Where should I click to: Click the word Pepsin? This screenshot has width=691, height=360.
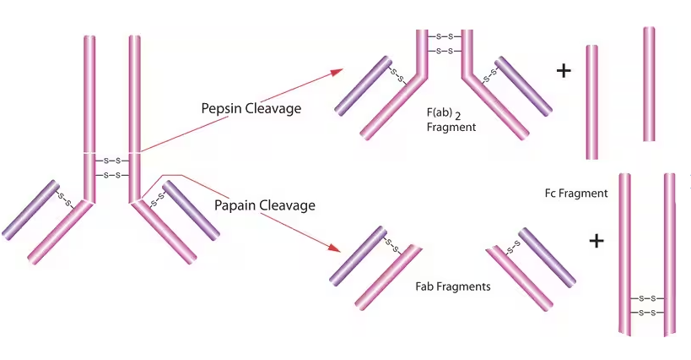pyautogui.click(x=221, y=109)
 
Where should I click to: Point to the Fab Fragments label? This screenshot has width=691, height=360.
pyautogui.click(x=453, y=286)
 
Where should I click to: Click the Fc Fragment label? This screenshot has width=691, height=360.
pyautogui.click(x=576, y=194)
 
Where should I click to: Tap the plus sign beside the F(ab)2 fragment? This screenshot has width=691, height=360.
pyautogui.click(x=564, y=71)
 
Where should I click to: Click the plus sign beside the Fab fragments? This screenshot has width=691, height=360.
pyautogui.click(x=597, y=242)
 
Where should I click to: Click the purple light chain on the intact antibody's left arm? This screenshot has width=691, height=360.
pyautogui.click(x=30, y=209)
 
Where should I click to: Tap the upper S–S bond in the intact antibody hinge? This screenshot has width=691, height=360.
pyautogui.click(x=112, y=160)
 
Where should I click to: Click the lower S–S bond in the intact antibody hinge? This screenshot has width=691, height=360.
pyautogui.click(x=112, y=175)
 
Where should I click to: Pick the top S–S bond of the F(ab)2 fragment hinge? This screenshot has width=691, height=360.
pyautogui.click(x=445, y=36)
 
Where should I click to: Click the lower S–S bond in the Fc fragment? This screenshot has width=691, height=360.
pyautogui.click(x=647, y=313)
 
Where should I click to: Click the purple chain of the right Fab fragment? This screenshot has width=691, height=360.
pyautogui.click(x=547, y=256)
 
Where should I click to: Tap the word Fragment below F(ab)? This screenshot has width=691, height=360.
pyautogui.click(x=452, y=127)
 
